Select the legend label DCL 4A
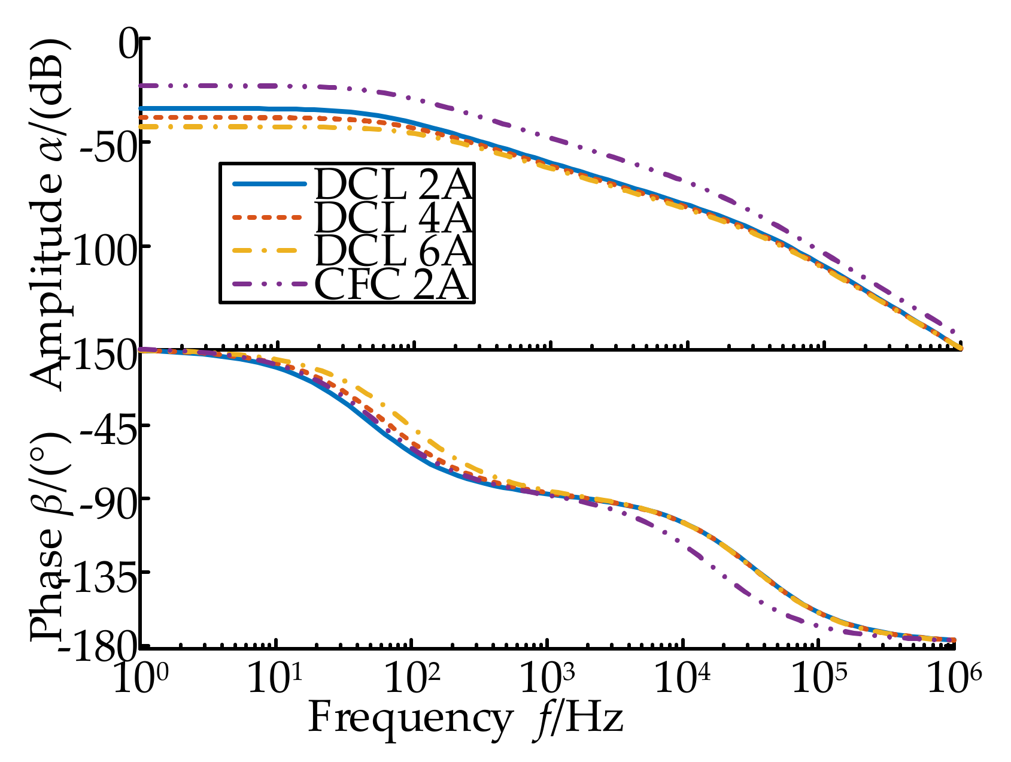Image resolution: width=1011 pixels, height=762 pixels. point(393,218)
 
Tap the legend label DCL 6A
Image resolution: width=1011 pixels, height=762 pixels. point(393,251)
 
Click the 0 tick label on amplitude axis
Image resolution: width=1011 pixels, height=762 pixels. point(127,46)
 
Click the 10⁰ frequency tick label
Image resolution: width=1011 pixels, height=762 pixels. point(139,680)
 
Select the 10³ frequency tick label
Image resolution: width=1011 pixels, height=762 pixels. point(548,680)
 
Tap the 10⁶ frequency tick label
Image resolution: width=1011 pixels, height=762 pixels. point(954,680)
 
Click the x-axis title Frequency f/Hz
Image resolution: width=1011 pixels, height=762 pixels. point(466,718)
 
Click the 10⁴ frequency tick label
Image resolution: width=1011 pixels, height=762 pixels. point(684,680)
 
